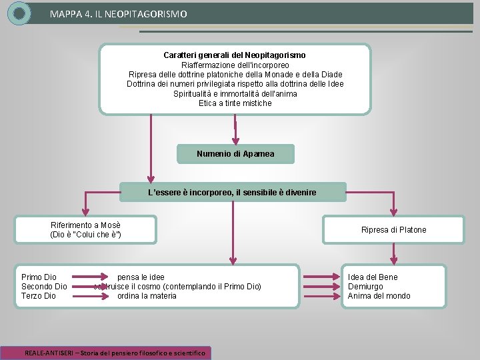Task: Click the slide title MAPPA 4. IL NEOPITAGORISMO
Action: (119, 13)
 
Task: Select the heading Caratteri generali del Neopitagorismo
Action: (235, 55)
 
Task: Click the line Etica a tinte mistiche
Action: (235, 103)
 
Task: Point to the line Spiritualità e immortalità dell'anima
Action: (235, 94)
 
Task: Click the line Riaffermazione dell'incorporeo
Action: (235, 65)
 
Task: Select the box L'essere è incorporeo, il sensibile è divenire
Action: (232, 193)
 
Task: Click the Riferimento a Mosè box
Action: (86, 229)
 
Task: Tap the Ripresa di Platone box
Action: (393, 230)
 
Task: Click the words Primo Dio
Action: (39, 277)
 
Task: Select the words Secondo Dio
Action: (44, 287)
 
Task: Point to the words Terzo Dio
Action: (39, 296)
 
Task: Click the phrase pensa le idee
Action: (141, 277)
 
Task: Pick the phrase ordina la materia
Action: (147, 296)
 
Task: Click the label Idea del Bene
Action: (373, 277)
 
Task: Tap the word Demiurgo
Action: (365, 287)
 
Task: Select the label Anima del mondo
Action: (379, 296)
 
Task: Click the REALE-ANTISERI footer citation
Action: (115, 353)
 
